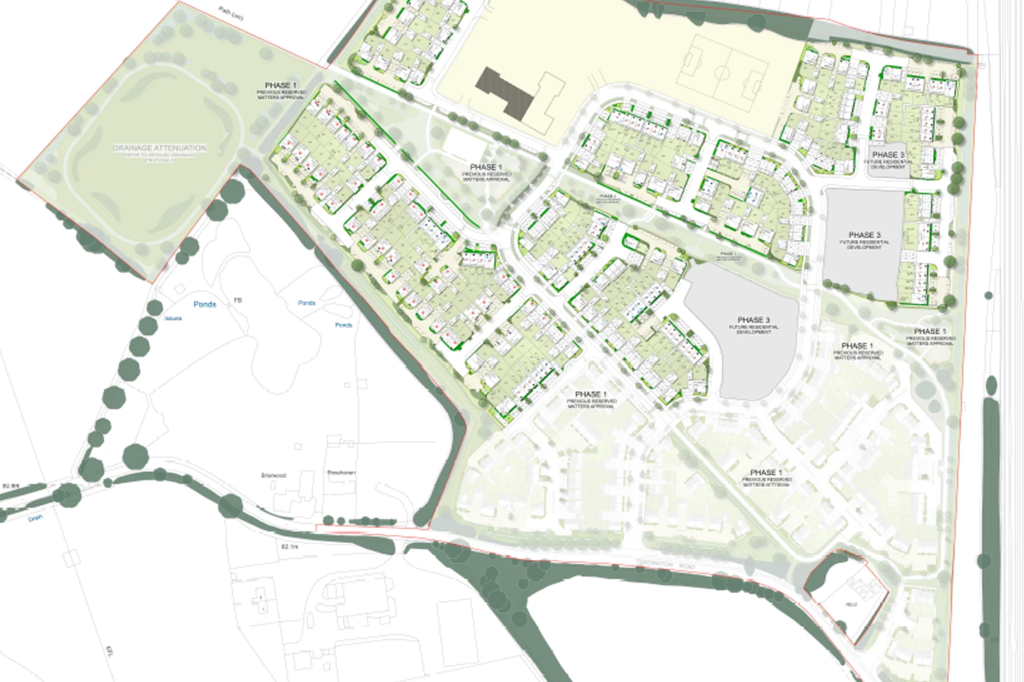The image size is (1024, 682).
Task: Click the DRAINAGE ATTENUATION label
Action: coord(159,148)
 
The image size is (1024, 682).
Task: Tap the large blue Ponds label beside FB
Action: coord(205,304)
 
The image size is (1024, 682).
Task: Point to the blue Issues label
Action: coord(173,319)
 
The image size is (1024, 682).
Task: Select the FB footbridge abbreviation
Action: coord(238,301)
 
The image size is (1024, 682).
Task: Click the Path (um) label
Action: coord(231,13)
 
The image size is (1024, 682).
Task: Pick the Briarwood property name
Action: coord(274,475)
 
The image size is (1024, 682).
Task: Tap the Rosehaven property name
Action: coord(341,473)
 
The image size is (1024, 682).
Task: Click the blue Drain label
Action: coord(35,517)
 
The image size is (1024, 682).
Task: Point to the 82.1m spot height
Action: coord(289,546)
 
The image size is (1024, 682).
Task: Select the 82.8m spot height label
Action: coord(10,486)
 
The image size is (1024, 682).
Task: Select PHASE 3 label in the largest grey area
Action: coord(754,320)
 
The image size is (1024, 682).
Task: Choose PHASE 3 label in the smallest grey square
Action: coord(888,155)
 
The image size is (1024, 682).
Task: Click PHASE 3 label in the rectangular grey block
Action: coord(864,235)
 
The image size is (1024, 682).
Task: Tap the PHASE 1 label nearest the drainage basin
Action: coord(281,86)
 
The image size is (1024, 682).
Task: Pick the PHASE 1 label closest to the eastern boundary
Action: coord(930,331)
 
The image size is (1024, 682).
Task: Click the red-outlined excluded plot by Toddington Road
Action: coord(848,602)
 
